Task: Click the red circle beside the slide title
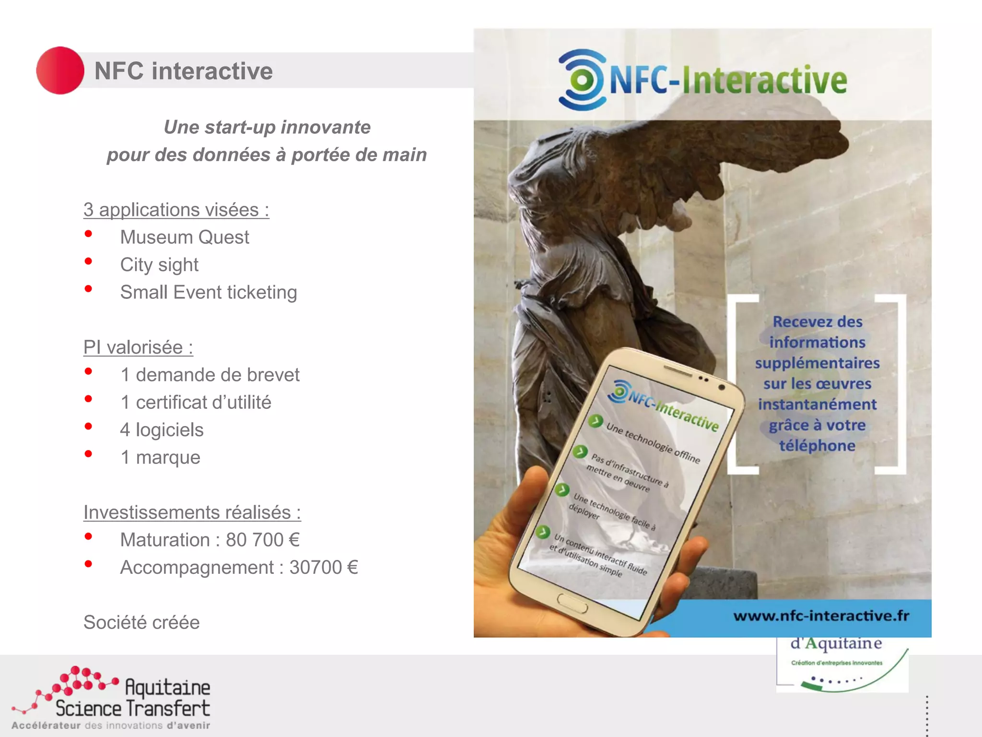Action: [60, 71]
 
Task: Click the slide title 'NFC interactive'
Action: [183, 71]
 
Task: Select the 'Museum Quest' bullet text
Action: [185, 237]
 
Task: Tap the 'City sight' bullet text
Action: [159, 264]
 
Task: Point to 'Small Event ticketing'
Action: [209, 292]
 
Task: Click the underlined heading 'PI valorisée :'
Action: [138, 347]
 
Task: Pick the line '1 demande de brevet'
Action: [210, 375]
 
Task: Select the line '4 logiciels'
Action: [162, 430]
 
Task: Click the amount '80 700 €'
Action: [263, 540]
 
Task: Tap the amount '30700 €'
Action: [324, 567]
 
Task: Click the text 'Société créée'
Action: [141, 622]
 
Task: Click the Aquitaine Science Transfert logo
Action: [113, 699]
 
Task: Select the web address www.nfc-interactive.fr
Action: [821, 616]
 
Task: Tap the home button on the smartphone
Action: [572, 603]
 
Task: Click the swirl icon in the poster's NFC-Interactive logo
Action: [581, 80]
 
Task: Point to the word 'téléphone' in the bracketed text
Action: [817, 446]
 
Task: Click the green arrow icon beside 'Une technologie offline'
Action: [596, 421]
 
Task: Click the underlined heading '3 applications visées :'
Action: [176, 210]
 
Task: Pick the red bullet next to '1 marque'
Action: [88, 454]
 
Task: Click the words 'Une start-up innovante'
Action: [267, 127]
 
